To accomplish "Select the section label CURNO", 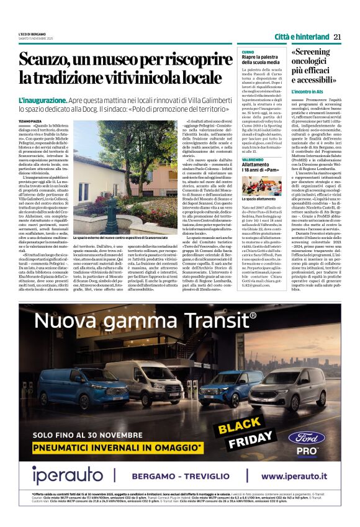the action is pyautogui.click(x=248, y=52).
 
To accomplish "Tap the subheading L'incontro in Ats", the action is pyautogui.click(x=308, y=92).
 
